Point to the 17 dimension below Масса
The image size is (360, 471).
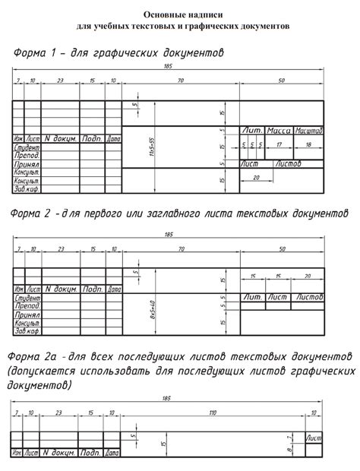click(x=279, y=144)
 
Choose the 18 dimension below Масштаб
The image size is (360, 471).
click(x=308, y=144)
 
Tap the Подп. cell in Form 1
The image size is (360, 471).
click(x=92, y=139)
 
